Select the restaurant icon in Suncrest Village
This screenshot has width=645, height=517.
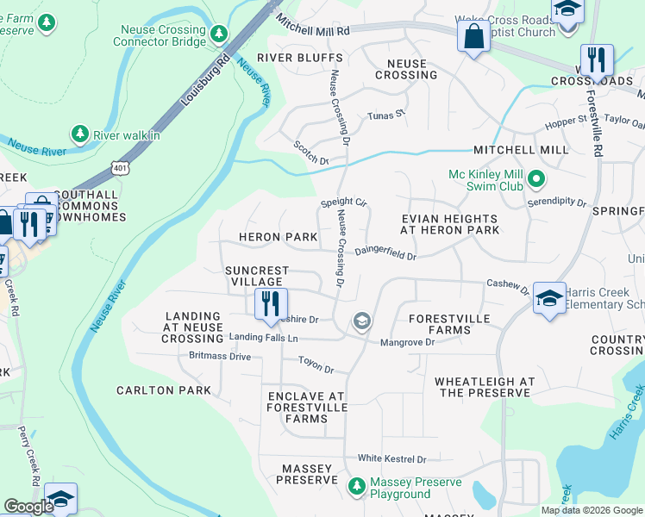(270, 304)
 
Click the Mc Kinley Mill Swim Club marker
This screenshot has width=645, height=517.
(536, 180)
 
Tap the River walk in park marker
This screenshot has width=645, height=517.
(80, 134)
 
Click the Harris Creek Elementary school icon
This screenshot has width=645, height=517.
(548, 299)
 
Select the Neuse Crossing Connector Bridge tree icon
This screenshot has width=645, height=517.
(219, 34)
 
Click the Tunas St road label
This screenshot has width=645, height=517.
(385, 115)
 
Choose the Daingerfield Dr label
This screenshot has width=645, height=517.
(385, 254)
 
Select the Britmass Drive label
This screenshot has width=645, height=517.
(219, 356)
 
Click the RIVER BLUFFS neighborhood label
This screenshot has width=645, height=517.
(287, 58)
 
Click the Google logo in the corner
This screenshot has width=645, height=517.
(28, 507)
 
